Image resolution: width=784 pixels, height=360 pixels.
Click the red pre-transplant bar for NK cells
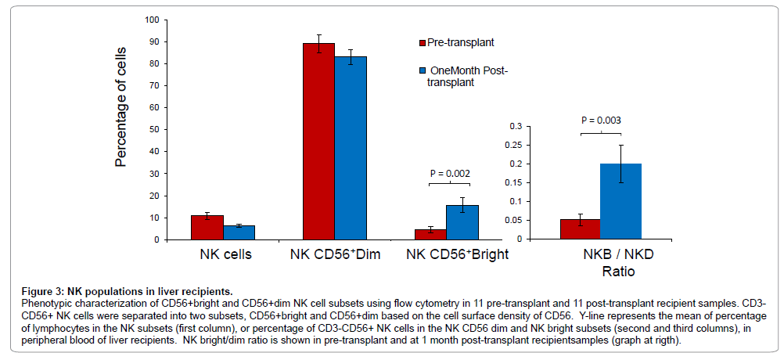tap(207, 227)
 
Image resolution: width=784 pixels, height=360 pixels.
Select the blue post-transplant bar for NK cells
tap(239, 232)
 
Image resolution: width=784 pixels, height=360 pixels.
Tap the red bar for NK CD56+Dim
tap(318, 142)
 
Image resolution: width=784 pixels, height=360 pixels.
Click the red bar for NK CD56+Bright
tap(430, 234)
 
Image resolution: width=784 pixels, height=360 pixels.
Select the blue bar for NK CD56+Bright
tap(462, 222)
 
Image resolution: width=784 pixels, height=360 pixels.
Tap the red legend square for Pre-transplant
tap(419, 42)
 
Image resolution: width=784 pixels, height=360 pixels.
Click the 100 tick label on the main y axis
tap(150, 20)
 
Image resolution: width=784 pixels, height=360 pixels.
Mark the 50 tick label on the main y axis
tap(153, 129)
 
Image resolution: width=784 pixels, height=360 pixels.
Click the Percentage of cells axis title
tap(121, 113)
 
